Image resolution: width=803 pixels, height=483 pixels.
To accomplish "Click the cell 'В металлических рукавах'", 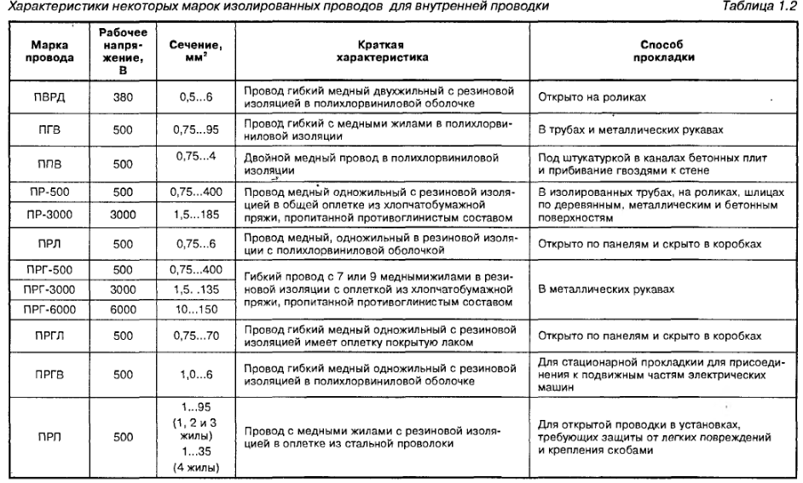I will click(x=604, y=289).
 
